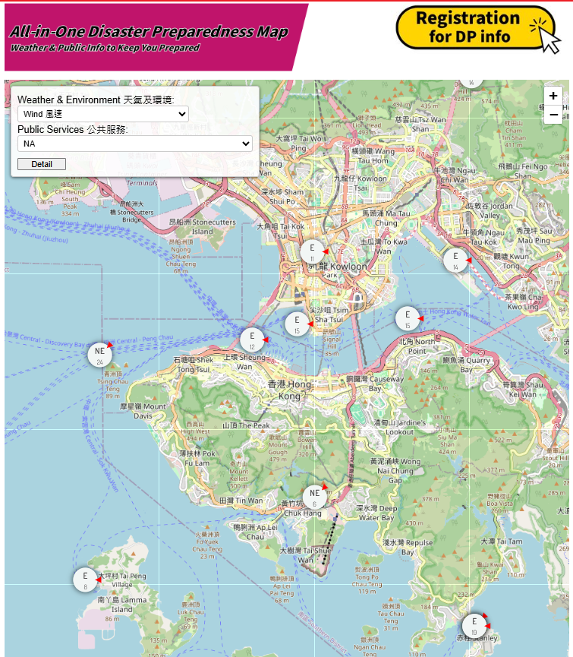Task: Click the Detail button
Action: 42,164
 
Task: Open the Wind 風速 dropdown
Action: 103,114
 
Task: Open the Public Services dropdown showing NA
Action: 135,143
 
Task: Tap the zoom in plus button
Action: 553,96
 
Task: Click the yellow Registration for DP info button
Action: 476,27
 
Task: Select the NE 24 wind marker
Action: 99,354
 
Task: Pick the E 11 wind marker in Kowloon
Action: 312,251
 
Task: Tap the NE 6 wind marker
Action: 314,497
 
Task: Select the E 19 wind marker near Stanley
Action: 474,625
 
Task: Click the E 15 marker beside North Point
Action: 408,317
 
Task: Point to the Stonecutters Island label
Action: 202,226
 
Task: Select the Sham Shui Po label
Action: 282,196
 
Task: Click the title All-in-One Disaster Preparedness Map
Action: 149,33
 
